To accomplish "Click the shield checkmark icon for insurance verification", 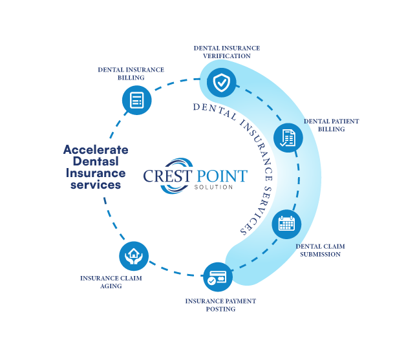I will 221,82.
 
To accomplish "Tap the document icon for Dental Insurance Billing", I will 136,100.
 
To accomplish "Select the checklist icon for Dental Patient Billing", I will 288,138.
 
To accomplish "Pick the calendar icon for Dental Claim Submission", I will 286,224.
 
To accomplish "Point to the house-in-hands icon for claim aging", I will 134,255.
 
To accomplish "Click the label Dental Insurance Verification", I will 227,52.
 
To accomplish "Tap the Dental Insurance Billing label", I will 131,73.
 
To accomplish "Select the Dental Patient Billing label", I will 332,125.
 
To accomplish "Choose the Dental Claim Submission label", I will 321,250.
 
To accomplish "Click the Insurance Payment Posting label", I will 220,305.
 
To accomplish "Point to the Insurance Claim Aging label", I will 111,282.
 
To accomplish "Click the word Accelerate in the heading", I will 96,150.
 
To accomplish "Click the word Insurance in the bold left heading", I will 96,173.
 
